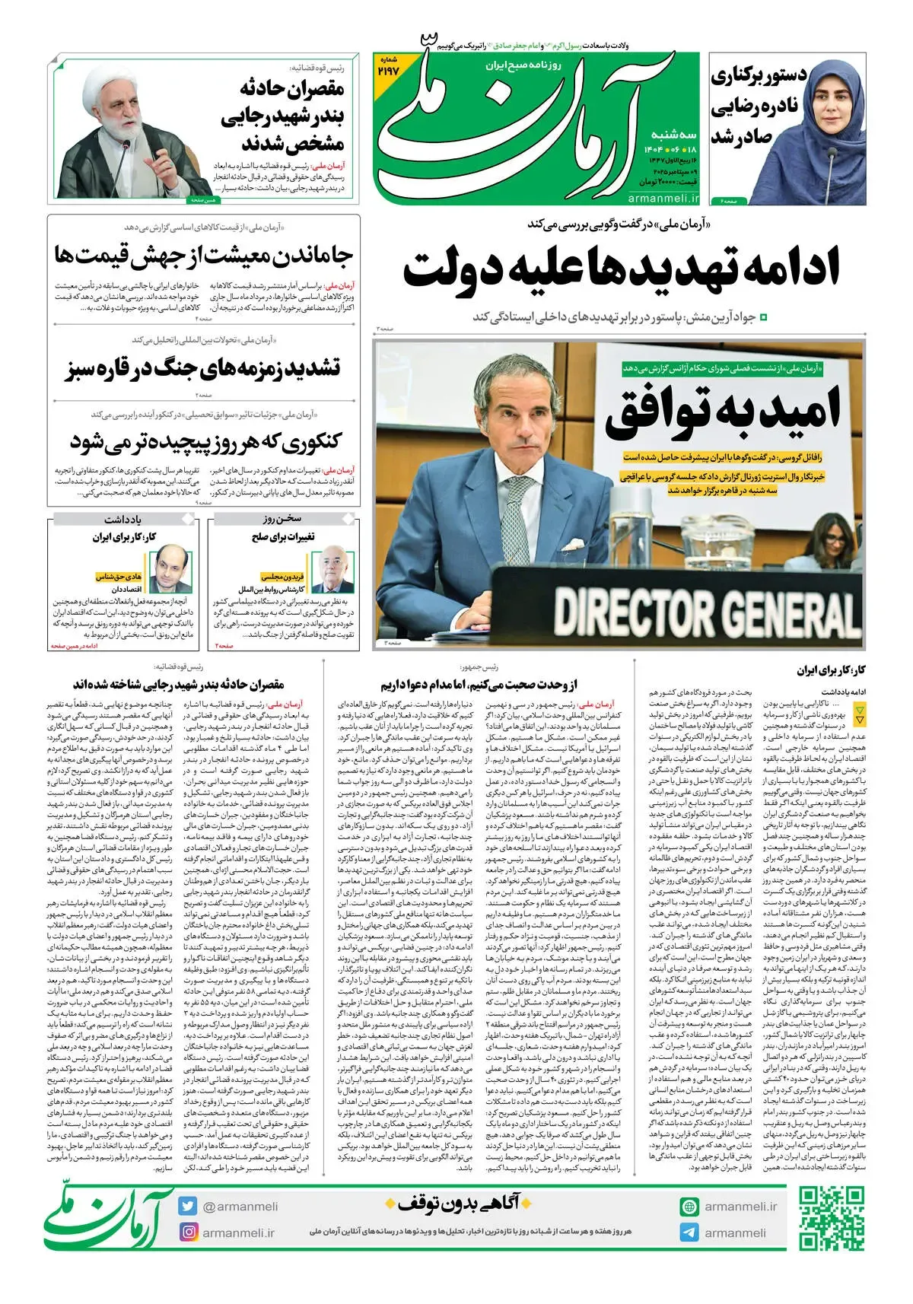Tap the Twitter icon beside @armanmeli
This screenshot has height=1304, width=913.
click(188, 1207)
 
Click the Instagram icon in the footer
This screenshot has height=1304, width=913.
click(188, 1232)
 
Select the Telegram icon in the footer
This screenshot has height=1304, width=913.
click(689, 1232)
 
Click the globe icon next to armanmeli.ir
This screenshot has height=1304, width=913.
click(689, 1207)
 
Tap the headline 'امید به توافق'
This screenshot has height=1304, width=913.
click(723, 412)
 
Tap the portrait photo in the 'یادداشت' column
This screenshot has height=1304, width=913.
click(173, 570)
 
